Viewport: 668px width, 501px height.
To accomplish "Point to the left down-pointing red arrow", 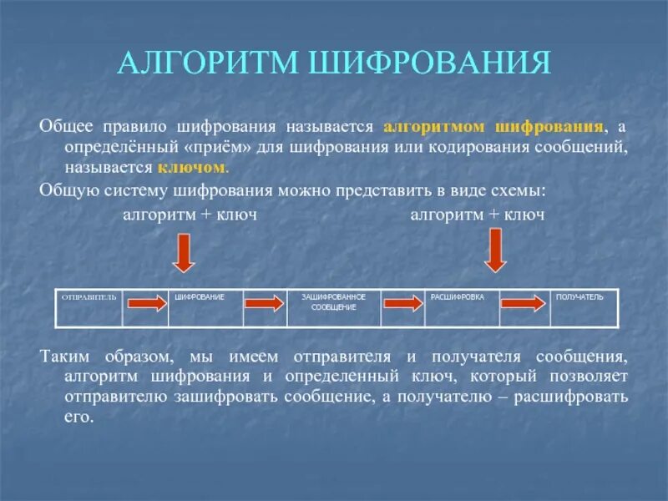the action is (x=184, y=251).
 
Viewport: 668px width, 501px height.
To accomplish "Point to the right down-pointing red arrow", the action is (x=496, y=250).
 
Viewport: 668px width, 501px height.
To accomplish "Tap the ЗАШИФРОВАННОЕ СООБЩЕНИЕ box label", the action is (x=333, y=302).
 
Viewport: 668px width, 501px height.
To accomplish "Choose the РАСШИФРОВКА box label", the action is (x=457, y=297).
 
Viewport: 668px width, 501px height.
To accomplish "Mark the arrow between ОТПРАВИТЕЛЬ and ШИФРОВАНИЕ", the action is (x=147, y=305).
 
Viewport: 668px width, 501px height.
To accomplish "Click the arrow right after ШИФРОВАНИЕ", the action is (x=265, y=305).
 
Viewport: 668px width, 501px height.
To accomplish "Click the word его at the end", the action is (x=78, y=416).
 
